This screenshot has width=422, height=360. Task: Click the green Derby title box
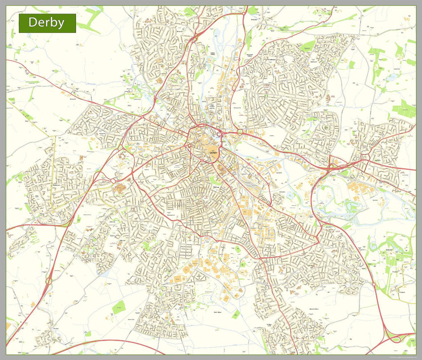[47, 23]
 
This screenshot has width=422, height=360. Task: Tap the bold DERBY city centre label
[213, 153]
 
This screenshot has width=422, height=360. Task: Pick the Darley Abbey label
[213, 54]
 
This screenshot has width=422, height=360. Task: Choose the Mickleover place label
[56, 186]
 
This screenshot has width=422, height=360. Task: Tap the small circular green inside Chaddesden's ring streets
[266, 96]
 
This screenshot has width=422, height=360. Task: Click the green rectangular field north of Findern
[119, 307]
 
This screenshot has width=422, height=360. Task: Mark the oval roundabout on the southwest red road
[49, 282]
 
